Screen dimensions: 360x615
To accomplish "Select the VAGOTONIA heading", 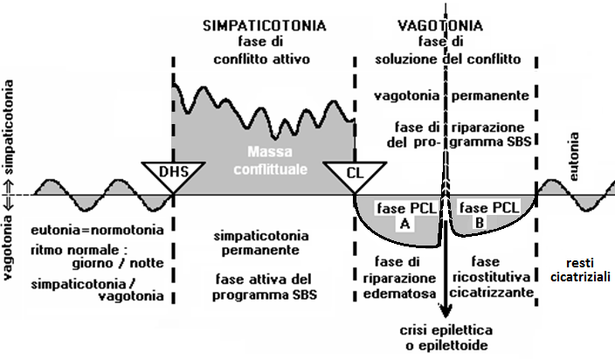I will [448, 26].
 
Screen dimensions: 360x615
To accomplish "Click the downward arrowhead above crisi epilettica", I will [447, 312].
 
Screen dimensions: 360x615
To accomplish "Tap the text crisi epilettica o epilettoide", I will [447, 338].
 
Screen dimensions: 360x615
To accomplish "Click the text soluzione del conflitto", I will [448, 59].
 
